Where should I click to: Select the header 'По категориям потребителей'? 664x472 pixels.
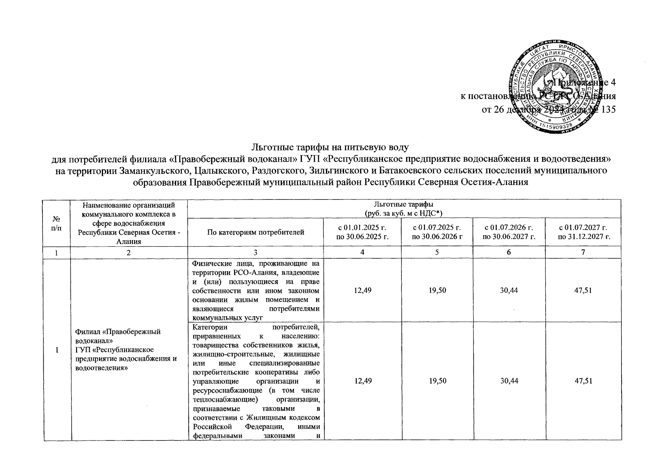click(x=256, y=232)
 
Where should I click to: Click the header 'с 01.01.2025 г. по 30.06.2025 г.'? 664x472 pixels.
click(x=362, y=232)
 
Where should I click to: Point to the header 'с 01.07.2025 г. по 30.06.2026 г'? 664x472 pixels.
click(x=437, y=232)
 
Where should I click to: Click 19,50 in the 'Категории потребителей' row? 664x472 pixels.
click(x=437, y=381)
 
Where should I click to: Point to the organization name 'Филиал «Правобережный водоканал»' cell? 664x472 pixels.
click(x=118, y=336)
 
